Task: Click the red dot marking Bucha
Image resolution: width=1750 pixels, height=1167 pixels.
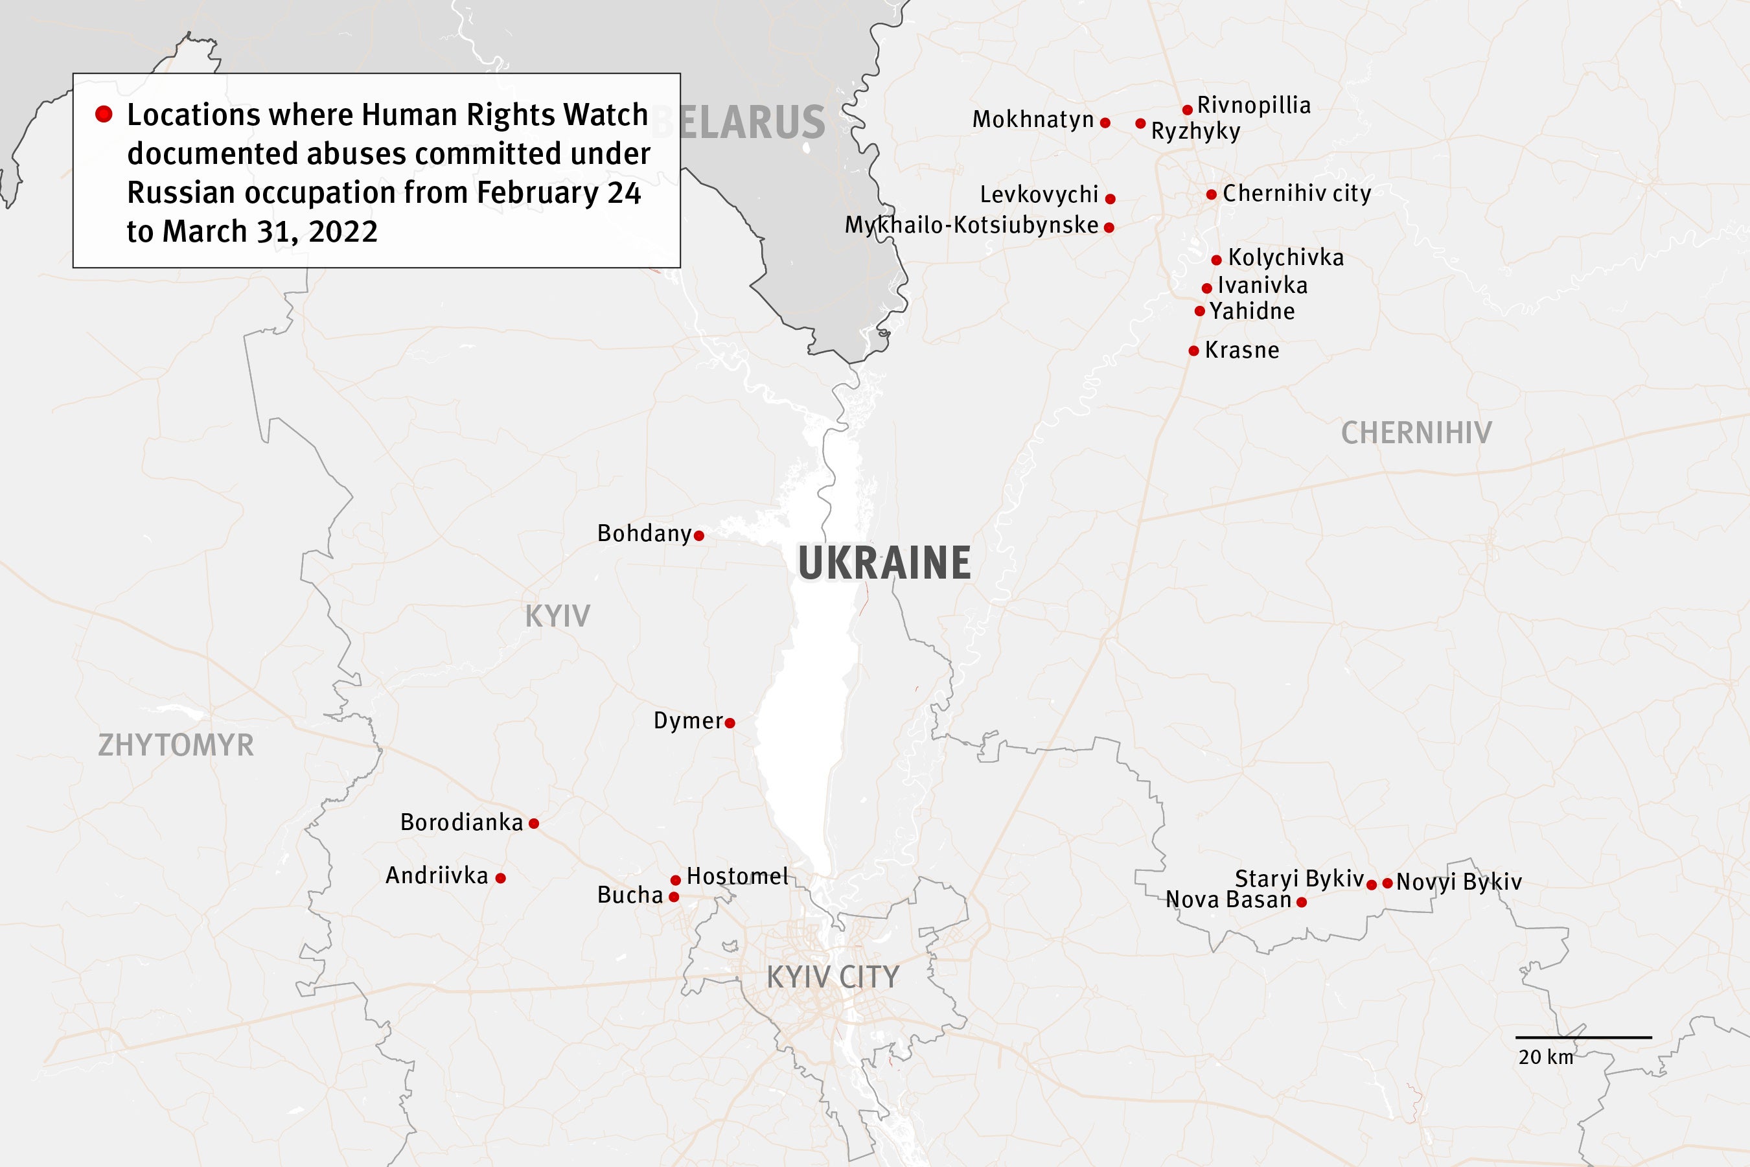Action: pos(673,897)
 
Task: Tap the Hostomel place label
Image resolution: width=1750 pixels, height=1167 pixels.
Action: pos(737,876)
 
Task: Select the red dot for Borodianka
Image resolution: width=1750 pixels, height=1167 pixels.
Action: pos(533,823)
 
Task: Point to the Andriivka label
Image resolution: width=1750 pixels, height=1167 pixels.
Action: pos(437,875)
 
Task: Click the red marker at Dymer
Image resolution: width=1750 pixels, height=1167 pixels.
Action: pos(730,722)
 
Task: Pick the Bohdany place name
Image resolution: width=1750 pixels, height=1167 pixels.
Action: pos(645,534)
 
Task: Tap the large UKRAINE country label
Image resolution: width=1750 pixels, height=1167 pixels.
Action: pos(884,562)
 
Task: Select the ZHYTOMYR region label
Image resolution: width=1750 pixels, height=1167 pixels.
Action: pos(176,745)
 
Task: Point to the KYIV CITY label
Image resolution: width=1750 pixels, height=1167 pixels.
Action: pos(833,976)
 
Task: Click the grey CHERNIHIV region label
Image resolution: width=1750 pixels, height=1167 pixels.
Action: pos(1416,432)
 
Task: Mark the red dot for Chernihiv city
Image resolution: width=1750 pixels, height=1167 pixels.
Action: pos(1212,194)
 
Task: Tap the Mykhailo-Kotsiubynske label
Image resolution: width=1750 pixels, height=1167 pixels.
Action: pos(971,225)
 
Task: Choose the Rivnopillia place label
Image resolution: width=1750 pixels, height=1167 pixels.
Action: pos(1254,105)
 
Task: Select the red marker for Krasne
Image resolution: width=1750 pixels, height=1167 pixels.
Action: pos(1193,351)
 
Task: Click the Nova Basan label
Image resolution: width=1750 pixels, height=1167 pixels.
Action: pos(1228,900)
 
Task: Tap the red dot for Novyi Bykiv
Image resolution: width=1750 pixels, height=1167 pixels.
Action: pos(1388,883)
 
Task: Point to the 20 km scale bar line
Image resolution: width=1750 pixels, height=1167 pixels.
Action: pos(1583,1037)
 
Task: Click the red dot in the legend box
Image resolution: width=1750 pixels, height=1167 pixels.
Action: pos(104,114)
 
